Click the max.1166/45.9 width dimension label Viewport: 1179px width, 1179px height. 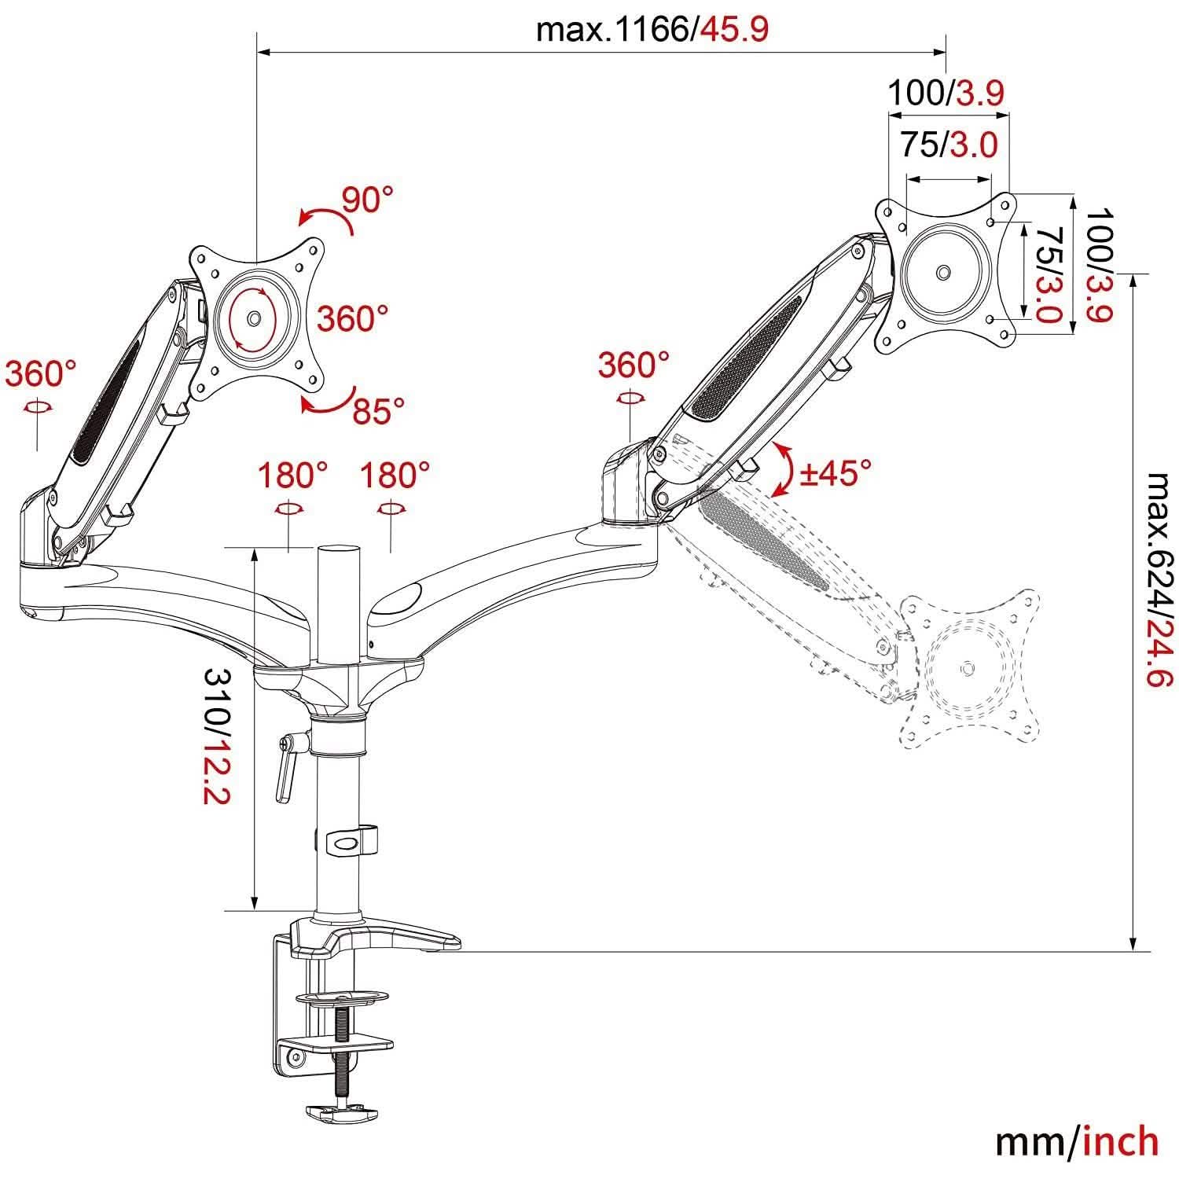[652, 31]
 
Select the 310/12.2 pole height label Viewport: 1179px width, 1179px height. [216, 736]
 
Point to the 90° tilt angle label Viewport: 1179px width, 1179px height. [367, 200]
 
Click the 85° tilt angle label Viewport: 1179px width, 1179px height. [378, 410]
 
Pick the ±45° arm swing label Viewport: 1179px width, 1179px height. [836, 473]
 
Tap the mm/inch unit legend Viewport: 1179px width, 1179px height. [1077, 1141]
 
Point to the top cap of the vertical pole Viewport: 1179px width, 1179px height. [337, 551]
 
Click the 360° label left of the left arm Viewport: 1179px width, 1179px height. [40, 374]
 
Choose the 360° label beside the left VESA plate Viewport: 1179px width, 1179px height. [353, 319]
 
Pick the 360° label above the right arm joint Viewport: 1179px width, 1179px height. [634, 365]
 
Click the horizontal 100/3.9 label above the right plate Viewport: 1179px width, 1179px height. [946, 94]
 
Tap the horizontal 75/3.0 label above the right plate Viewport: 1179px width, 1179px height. [948, 145]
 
